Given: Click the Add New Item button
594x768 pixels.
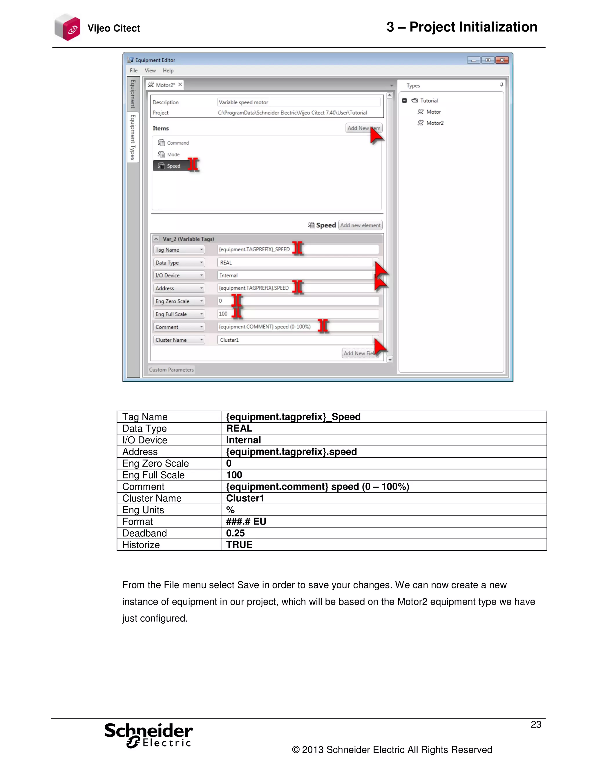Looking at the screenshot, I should pyautogui.click(x=363, y=128).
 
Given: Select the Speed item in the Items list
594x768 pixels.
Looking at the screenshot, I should pyautogui.click(x=173, y=166).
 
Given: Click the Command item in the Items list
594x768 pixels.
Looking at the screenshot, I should pyautogui.click(x=178, y=143).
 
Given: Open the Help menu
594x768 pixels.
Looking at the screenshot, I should pyautogui.click(x=168, y=70).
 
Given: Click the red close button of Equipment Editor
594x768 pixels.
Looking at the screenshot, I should pyautogui.click(x=502, y=60).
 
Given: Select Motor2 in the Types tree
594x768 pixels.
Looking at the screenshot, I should pyautogui.click(x=434, y=123).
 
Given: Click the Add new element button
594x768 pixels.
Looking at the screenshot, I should pyautogui.click(x=360, y=225).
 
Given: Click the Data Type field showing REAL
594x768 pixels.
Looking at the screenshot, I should pyautogui.click(x=295, y=263).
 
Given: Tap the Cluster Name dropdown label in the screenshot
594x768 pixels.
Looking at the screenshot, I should pyautogui.click(x=179, y=340).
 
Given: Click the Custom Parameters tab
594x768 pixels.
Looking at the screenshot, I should pyautogui.click(x=171, y=370).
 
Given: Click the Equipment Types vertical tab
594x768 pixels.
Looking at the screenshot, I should pyautogui.click(x=133, y=137).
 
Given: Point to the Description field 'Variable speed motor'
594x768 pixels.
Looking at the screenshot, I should pyautogui.click(x=298, y=102).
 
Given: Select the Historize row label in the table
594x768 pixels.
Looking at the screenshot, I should pyautogui.click(x=141, y=545).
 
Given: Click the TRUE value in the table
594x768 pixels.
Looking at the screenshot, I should pyautogui.click(x=239, y=545).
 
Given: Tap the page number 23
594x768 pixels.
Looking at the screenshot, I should pyautogui.click(x=536, y=725).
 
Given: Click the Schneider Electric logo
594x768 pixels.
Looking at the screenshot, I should pyautogui.click(x=148, y=735).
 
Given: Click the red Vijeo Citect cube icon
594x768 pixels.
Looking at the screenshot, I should pyautogui.click(x=68, y=28).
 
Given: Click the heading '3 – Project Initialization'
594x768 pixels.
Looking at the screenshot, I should pyautogui.click(x=462, y=27).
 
